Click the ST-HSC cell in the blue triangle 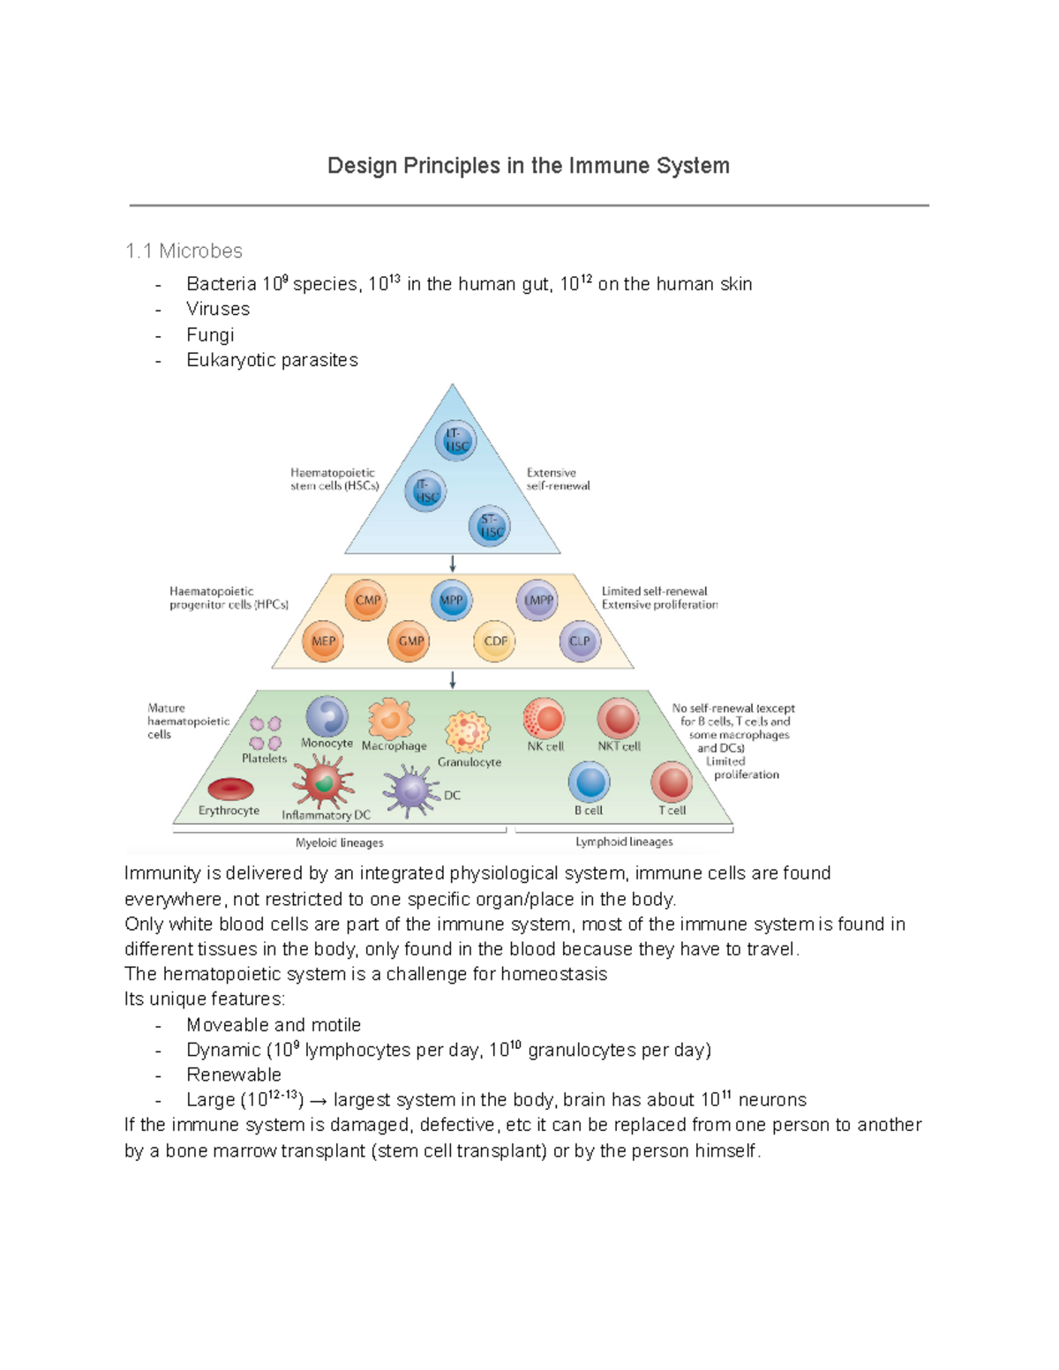pyautogui.click(x=490, y=527)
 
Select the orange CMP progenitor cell pyautogui.click(x=366, y=601)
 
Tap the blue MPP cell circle pyautogui.click(x=451, y=601)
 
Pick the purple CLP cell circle pyautogui.click(x=579, y=641)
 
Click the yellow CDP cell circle pyautogui.click(x=494, y=641)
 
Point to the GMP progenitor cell pyautogui.click(x=409, y=641)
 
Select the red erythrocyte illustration pyautogui.click(x=230, y=789)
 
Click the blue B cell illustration pyautogui.click(x=589, y=782)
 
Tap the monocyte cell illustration pyautogui.click(x=327, y=715)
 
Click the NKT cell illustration pyautogui.click(x=619, y=718)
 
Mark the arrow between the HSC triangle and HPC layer pyautogui.click(x=453, y=564)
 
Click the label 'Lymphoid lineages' pyautogui.click(x=624, y=842)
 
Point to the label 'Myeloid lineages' pyautogui.click(x=339, y=842)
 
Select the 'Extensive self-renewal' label pyautogui.click(x=558, y=479)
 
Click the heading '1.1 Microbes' pyautogui.click(x=184, y=251)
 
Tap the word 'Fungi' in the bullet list pyautogui.click(x=210, y=334)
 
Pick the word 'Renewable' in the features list pyautogui.click(x=234, y=1074)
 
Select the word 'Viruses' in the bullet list pyautogui.click(x=218, y=309)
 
